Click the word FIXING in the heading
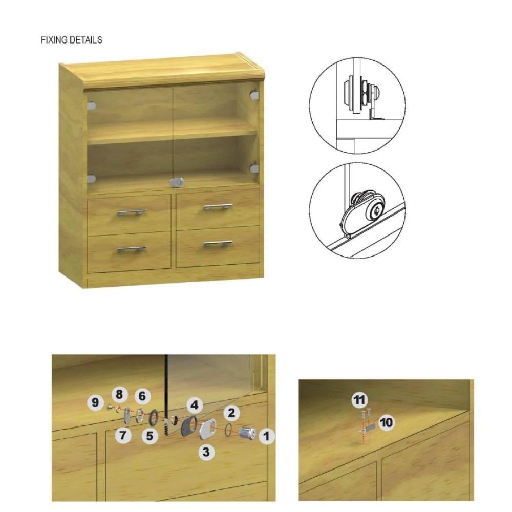click(x=54, y=40)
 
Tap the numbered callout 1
click(x=267, y=436)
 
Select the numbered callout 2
click(x=231, y=413)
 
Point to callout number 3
click(x=206, y=452)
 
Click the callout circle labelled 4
click(x=195, y=405)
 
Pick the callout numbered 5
click(x=150, y=436)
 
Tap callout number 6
click(x=142, y=396)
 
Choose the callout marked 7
click(x=123, y=435)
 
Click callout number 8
click(x=119, y=394)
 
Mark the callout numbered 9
click(x=95, y=402)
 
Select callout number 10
click(x=387, y=422)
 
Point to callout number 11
click(x=359, y=400)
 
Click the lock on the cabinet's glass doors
click(x=177, y=183)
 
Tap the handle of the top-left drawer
click(x=132, y=212)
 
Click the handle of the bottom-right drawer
click(x=218, y=244)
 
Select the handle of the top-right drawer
click(x=218, y=206)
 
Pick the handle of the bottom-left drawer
click(x=132, y=249)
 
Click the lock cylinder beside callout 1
click(x=247, y=433)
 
